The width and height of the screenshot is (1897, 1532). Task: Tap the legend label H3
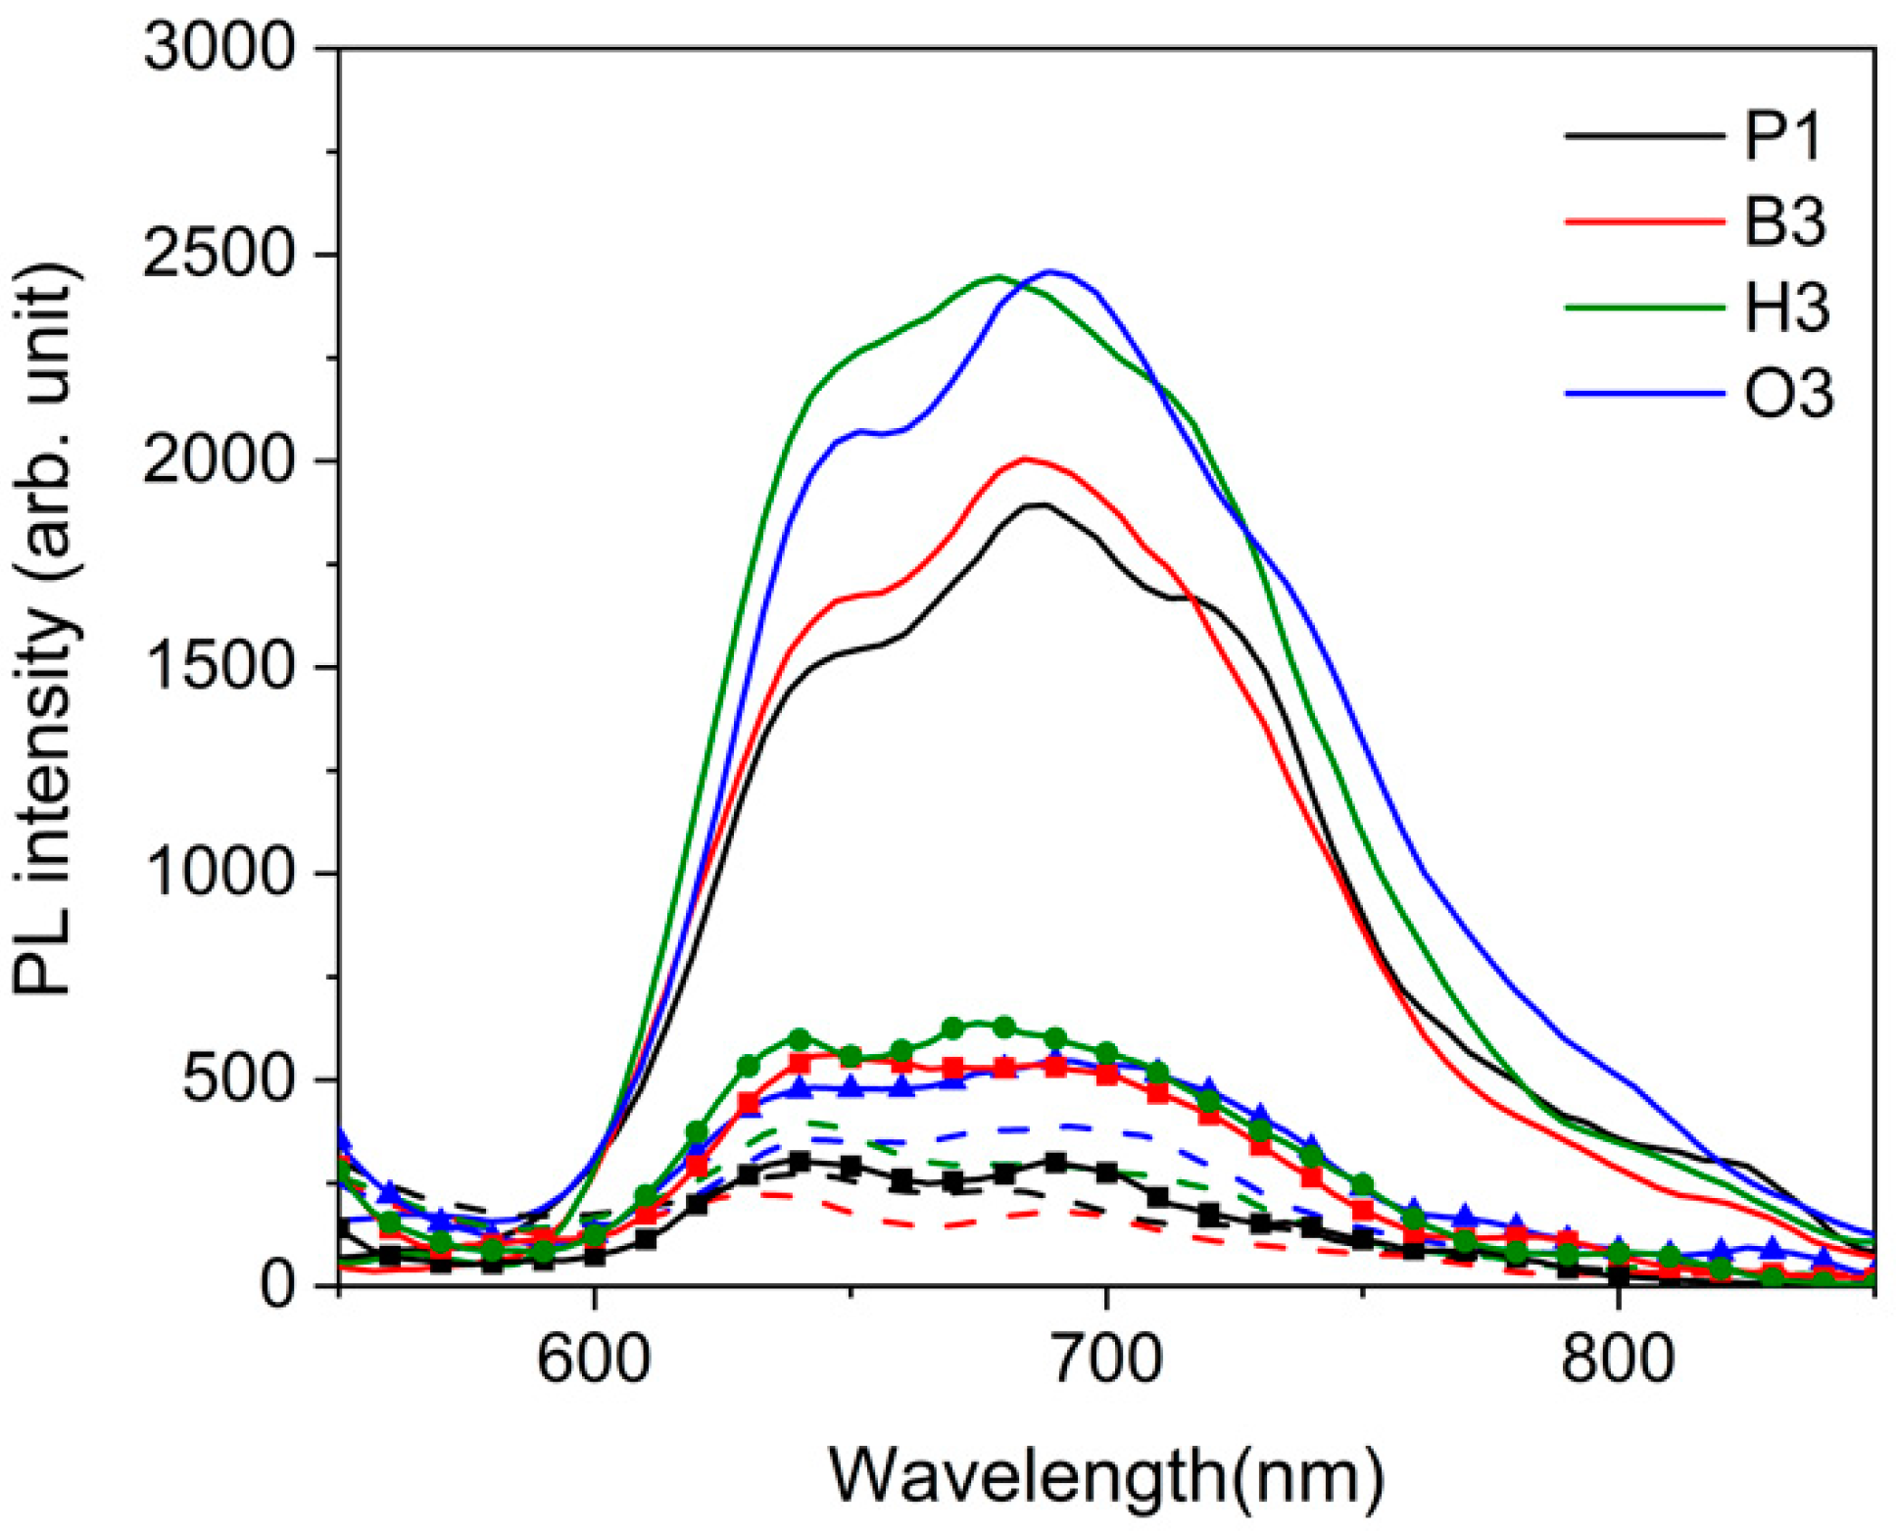coord(1786,309)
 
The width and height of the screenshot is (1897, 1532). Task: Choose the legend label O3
coord(1788,395)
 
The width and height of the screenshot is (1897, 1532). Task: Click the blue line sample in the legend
coord(1644,394)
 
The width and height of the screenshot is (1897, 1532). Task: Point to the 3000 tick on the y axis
coord(219,48)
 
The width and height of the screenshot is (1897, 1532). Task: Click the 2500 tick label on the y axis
coord(219,255)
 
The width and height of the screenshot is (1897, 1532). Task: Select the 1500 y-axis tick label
coord(219,667)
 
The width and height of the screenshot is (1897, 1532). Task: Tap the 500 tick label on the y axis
coord(238,1079)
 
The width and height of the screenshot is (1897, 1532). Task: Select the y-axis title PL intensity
coord(44,627)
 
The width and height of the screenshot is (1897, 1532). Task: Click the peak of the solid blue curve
coord(1050,271)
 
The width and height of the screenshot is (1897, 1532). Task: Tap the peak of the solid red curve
coord(1025,458)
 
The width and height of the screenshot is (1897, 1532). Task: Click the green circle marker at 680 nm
coord(1003,1027)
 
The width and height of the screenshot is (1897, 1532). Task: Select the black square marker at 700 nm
coord(1106,1173)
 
